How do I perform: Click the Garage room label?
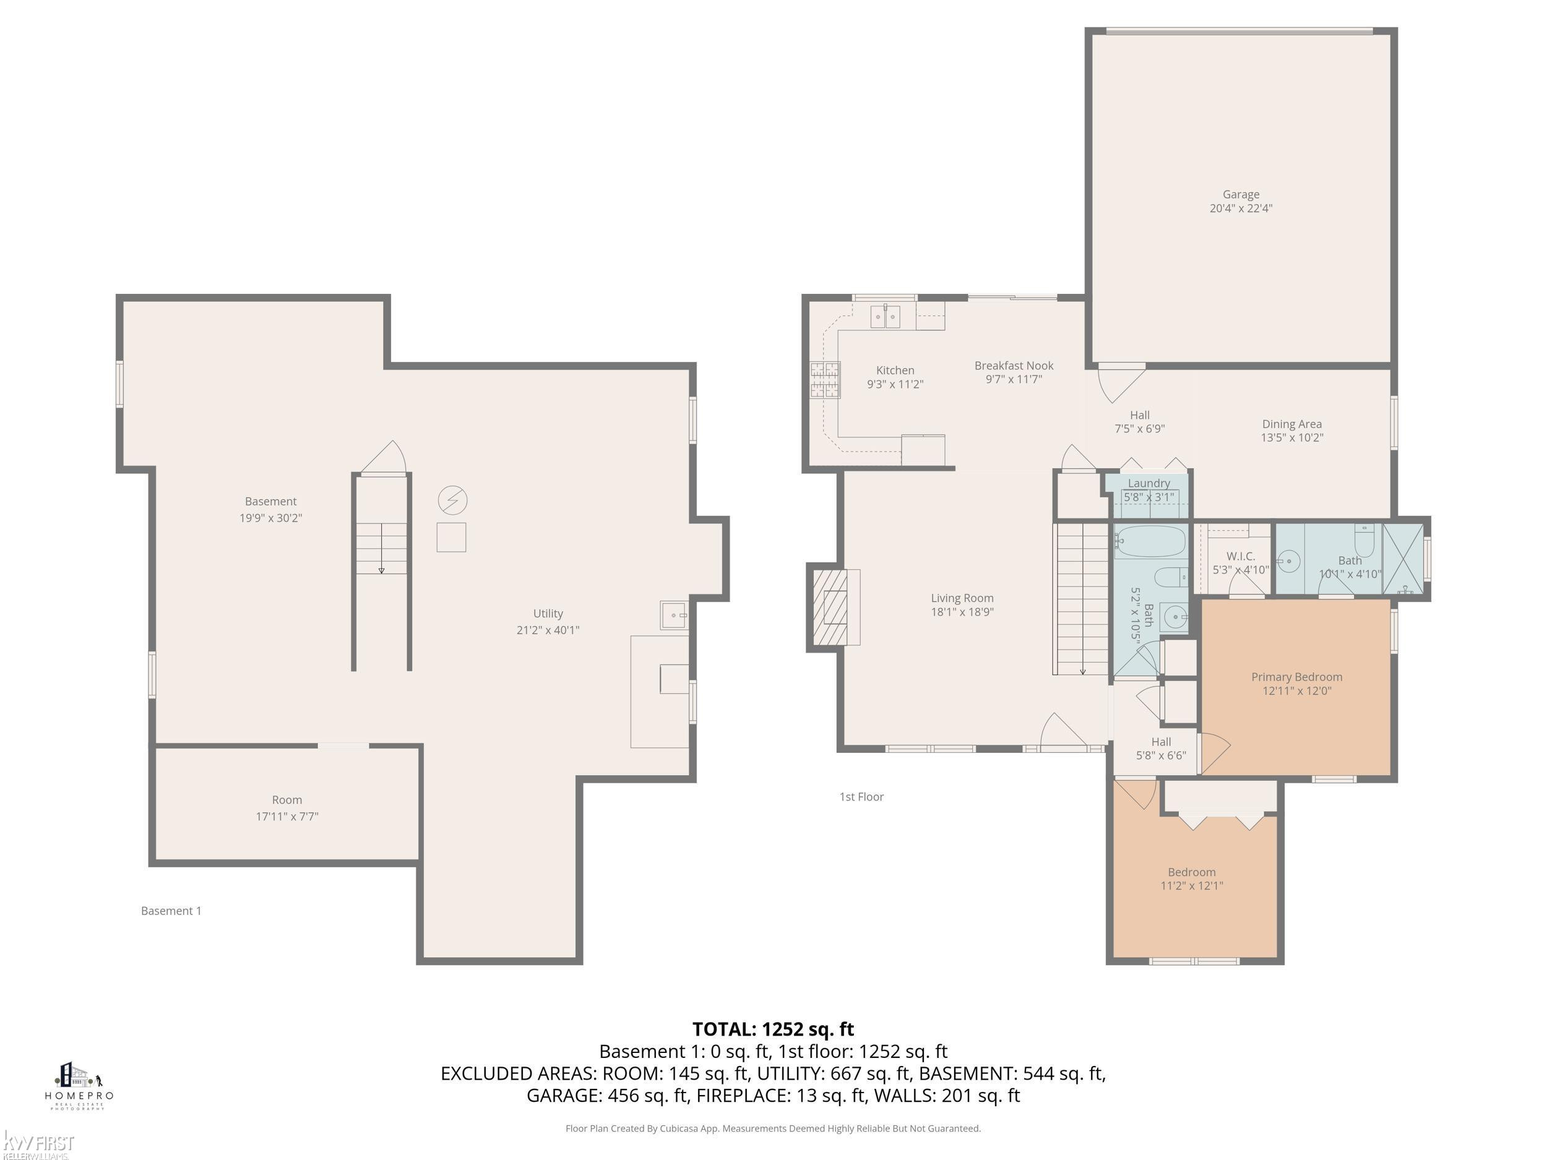(x=1241, y=194)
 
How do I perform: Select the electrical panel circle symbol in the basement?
(x=452, y=501)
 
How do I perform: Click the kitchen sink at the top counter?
(x=886, y=317)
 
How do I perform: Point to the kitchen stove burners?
(x=825, y=380)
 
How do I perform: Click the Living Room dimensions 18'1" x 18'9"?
(x=962, y=612)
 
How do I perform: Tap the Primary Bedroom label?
(x=1296, y=677)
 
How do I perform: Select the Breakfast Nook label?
(x=1014, y=366)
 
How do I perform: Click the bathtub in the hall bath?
(x=1150, y=541)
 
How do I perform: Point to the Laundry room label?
(x=1148, y=483)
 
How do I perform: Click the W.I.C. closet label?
(x=1241, y=557)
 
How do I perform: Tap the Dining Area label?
(x=1291, y=424)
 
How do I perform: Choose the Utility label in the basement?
(x=548, y=613)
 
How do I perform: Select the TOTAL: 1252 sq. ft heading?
(x=773, y=1029)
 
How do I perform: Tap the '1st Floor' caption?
(x=861, y=796)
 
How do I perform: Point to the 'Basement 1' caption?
(x=171, y=911)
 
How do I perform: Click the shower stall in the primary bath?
(x=1403, y=559)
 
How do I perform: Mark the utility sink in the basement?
(x=674, y=614)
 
